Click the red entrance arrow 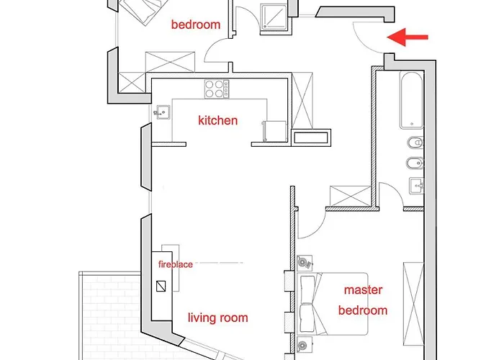coord(408,37)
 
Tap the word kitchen coord(218,120)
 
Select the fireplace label coord(176,264)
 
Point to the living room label coord(218,318)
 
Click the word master coord(363,290)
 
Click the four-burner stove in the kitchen coord(217,89)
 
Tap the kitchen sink coord(163,112)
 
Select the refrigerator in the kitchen coord(274,131)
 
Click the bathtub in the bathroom coord(411,100)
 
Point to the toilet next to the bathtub coord(415,143)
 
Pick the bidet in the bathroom coord(415,164)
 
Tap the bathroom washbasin coord(417,186)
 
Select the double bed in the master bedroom coord(332,304)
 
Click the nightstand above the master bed coord(304,263)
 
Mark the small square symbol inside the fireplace coord(161,286)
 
